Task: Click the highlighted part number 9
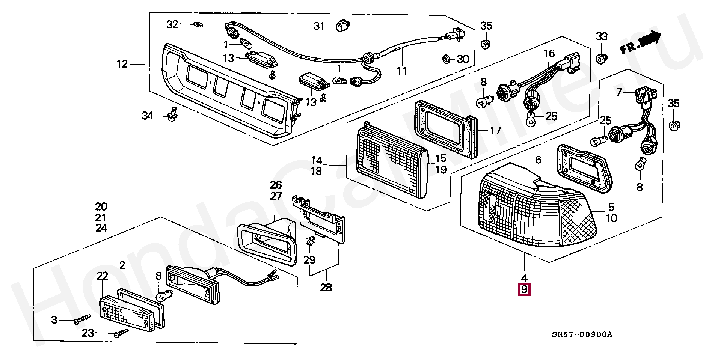coord(524,290)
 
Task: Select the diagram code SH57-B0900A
coord(582,334)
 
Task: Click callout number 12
coord(122,64)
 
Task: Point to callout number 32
coord(172,24)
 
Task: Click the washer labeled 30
coord(447,59)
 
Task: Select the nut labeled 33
coord(602,59)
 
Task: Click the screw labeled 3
coord(82,319)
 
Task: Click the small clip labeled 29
coord(310,241)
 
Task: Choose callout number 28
coord(326,288)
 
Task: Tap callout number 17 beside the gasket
coord(496,130)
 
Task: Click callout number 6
coord(538,160)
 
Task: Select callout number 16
coord(549,54)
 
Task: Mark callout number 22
coord(102,276)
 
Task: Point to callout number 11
coord(402,71)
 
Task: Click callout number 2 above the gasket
coord(122,265)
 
